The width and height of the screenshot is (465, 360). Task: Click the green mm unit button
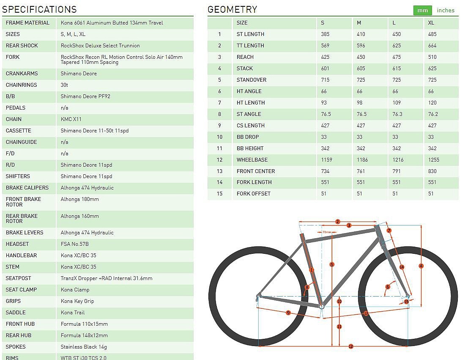click(x=422, y=11)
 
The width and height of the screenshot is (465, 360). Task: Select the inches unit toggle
click(x=446, y=11)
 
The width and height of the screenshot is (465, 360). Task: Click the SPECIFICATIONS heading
click(x=39, y=9)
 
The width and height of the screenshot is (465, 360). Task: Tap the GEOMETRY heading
click(x=232, y=9)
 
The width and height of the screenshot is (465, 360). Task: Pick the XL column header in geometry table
click(x=431, y=23)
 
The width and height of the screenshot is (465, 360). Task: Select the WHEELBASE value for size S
click(x=327, y=160)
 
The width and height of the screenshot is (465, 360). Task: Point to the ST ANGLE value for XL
click(x=433, y=114)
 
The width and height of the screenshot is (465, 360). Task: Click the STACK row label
click(x=245, y=69)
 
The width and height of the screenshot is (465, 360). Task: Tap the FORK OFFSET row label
click(x=254, y=194)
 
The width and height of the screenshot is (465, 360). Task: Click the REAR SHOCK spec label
click(x=22, y=46)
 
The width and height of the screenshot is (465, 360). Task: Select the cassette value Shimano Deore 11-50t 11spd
click(x=95, y=131)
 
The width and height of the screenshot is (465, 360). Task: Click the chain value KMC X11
click(x=71, y=119)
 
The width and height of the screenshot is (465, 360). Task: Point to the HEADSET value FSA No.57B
click(x=75, y=244)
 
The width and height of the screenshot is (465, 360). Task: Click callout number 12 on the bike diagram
click(x=350, y=346)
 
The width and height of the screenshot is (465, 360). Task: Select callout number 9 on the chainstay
click(x=288, y=313)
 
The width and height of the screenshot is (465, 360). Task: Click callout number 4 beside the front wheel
click(x=421, y=266)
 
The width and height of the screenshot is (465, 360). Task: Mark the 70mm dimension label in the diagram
click(x=326, y=232)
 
